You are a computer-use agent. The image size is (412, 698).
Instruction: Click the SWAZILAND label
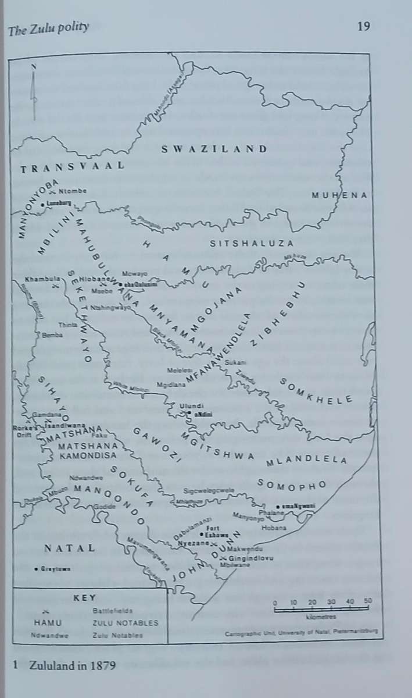point(214,149)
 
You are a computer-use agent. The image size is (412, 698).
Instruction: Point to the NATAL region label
point(69,548)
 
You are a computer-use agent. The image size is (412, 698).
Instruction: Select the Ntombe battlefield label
point(73,191)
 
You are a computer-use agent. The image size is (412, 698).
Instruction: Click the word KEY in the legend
point(84,597)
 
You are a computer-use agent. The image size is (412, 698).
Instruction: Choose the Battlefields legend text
point(113,611)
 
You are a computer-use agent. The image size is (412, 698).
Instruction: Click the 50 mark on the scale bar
point(368,601)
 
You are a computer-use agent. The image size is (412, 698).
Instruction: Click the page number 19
point(364,26)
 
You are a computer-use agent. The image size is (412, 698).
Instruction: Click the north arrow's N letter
point(34,67)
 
